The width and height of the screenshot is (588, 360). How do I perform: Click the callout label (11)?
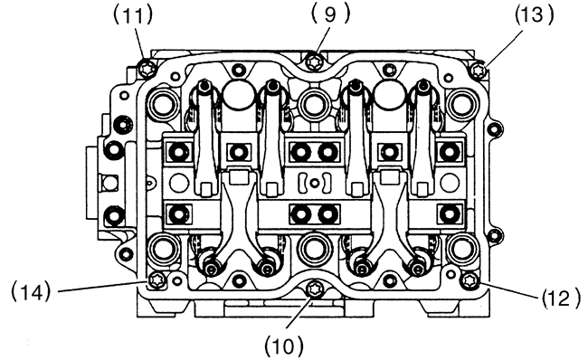coord(133,15)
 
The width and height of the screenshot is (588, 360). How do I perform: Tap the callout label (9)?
coord(330,14)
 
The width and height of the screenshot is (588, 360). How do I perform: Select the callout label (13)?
coord(534,15)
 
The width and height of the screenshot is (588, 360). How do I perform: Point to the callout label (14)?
coord(31,291)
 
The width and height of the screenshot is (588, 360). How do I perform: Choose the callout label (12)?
coord(561,298)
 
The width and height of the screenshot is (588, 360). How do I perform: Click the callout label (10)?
coord(284,346)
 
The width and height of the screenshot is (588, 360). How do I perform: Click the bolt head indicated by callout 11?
coord(147,70)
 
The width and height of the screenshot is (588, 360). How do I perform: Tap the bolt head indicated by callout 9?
coord(313,61)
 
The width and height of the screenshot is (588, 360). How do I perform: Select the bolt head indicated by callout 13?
coord(478,71)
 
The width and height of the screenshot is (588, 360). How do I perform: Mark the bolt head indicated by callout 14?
coord(156,280)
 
